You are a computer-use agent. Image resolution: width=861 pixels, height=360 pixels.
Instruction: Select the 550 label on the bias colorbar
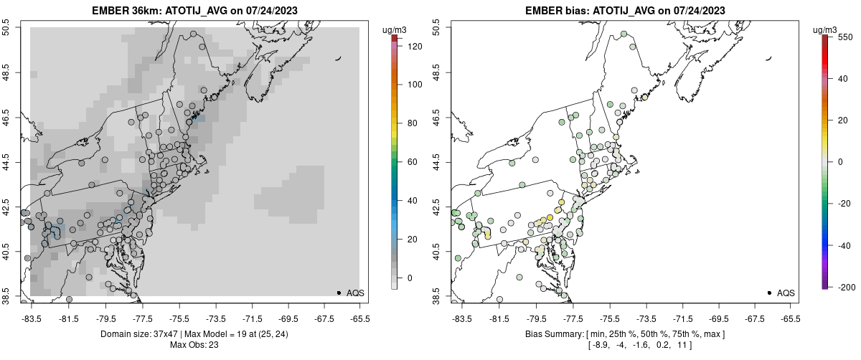(x=844, y=36)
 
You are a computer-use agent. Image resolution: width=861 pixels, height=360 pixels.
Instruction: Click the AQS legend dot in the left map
(x=339, y=293)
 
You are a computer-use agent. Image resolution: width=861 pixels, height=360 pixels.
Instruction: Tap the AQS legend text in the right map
(x=786, y=293)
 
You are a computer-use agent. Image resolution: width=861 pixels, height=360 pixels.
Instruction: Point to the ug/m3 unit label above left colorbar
(x=395, y=29)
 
